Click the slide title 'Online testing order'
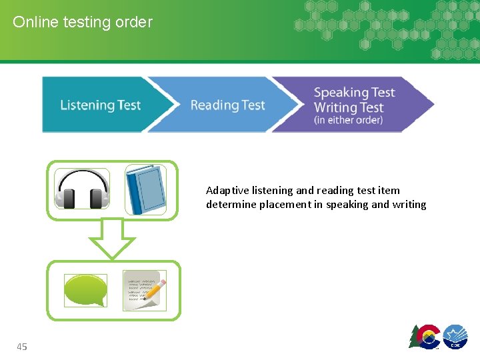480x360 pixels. (83, 22)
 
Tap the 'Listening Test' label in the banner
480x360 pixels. (100, 105)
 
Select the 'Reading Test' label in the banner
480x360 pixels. (227, 105)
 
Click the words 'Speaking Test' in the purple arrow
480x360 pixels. (354, 93)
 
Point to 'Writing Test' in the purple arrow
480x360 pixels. (348, 107)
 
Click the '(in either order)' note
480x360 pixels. (348, 121)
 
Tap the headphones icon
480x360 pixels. (82, 189)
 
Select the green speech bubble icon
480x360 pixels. (85, 291)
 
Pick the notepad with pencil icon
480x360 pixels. (144, 290)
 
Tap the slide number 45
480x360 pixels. (22, 347)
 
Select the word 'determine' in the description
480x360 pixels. (228, 205)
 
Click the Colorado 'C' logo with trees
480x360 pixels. (424, 337)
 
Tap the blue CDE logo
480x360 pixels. (455, 337)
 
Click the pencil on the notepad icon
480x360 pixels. (155, 289)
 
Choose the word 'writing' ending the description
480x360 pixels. (409, 205)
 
